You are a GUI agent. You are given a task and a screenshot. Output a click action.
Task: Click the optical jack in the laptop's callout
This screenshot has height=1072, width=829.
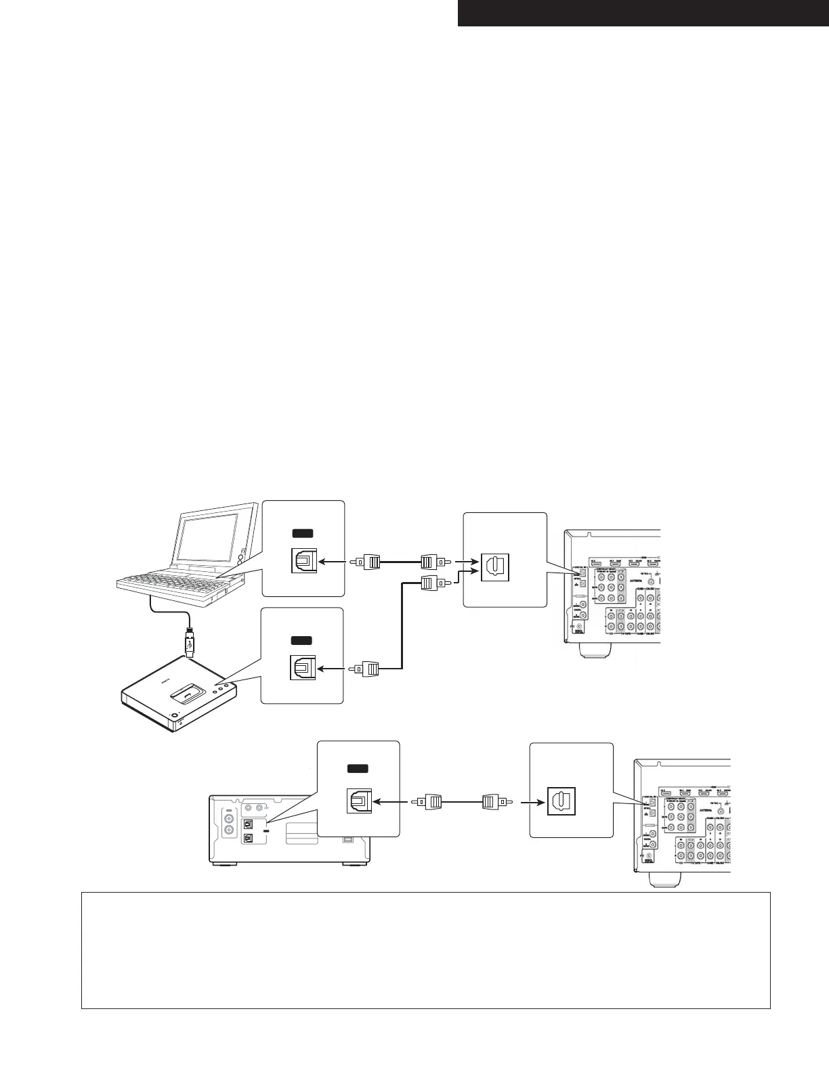tap(301, 561)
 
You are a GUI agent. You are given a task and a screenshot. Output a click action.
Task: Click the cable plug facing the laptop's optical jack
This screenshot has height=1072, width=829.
tap(370, 562)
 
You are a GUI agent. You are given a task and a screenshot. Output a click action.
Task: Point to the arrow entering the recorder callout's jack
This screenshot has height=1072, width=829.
tap(389, 802)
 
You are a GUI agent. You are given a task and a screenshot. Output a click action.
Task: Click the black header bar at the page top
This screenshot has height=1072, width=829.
tap(643, 13)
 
